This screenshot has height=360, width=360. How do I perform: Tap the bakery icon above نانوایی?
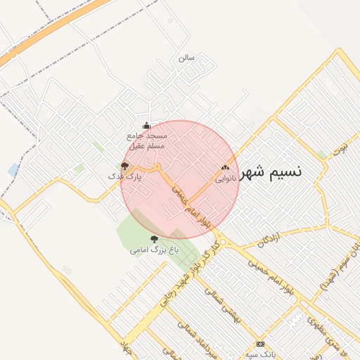click(226, 168)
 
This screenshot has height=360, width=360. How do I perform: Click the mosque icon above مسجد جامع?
click(147, 125)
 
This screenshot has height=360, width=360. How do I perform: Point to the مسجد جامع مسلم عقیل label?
click(146, 140)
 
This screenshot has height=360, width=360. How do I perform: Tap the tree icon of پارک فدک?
click(124, 167)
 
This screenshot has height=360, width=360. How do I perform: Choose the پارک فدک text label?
click(129, 177)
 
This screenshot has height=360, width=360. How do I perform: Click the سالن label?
click(186, 58)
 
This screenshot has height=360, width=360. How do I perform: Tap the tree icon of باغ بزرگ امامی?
click(155, 239)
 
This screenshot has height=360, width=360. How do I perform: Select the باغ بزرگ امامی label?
click(154, 250)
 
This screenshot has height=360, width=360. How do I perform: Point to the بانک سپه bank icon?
click(261, 345)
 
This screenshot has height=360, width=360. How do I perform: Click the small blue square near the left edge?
click(14, 169)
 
